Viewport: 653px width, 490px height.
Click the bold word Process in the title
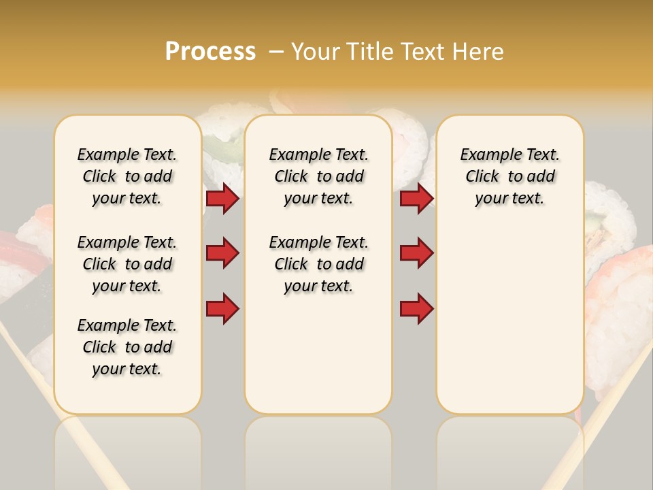click(x=210, y=52)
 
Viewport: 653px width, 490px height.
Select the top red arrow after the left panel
click(x=222, y=199)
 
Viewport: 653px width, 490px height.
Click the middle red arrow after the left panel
click(x=222, y=253)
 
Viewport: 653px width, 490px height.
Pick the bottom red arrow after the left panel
click(x=222, y=309)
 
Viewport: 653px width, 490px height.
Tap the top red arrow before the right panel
click(x=416, y=199)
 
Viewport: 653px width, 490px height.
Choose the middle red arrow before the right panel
click(x=416, y=253)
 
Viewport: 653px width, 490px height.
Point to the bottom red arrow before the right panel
click(x=416, y=309)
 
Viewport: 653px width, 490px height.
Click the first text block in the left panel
click(x=127, y=176)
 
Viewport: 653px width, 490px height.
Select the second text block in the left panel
click(x=127, y=264)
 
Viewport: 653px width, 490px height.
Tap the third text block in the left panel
click(x=127, y=347)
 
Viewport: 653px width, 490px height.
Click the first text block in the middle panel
click(x=318, y=176)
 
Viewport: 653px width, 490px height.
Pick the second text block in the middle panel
click(x=318, y=264)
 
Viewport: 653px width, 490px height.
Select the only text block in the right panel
click(x=509, y=176)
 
